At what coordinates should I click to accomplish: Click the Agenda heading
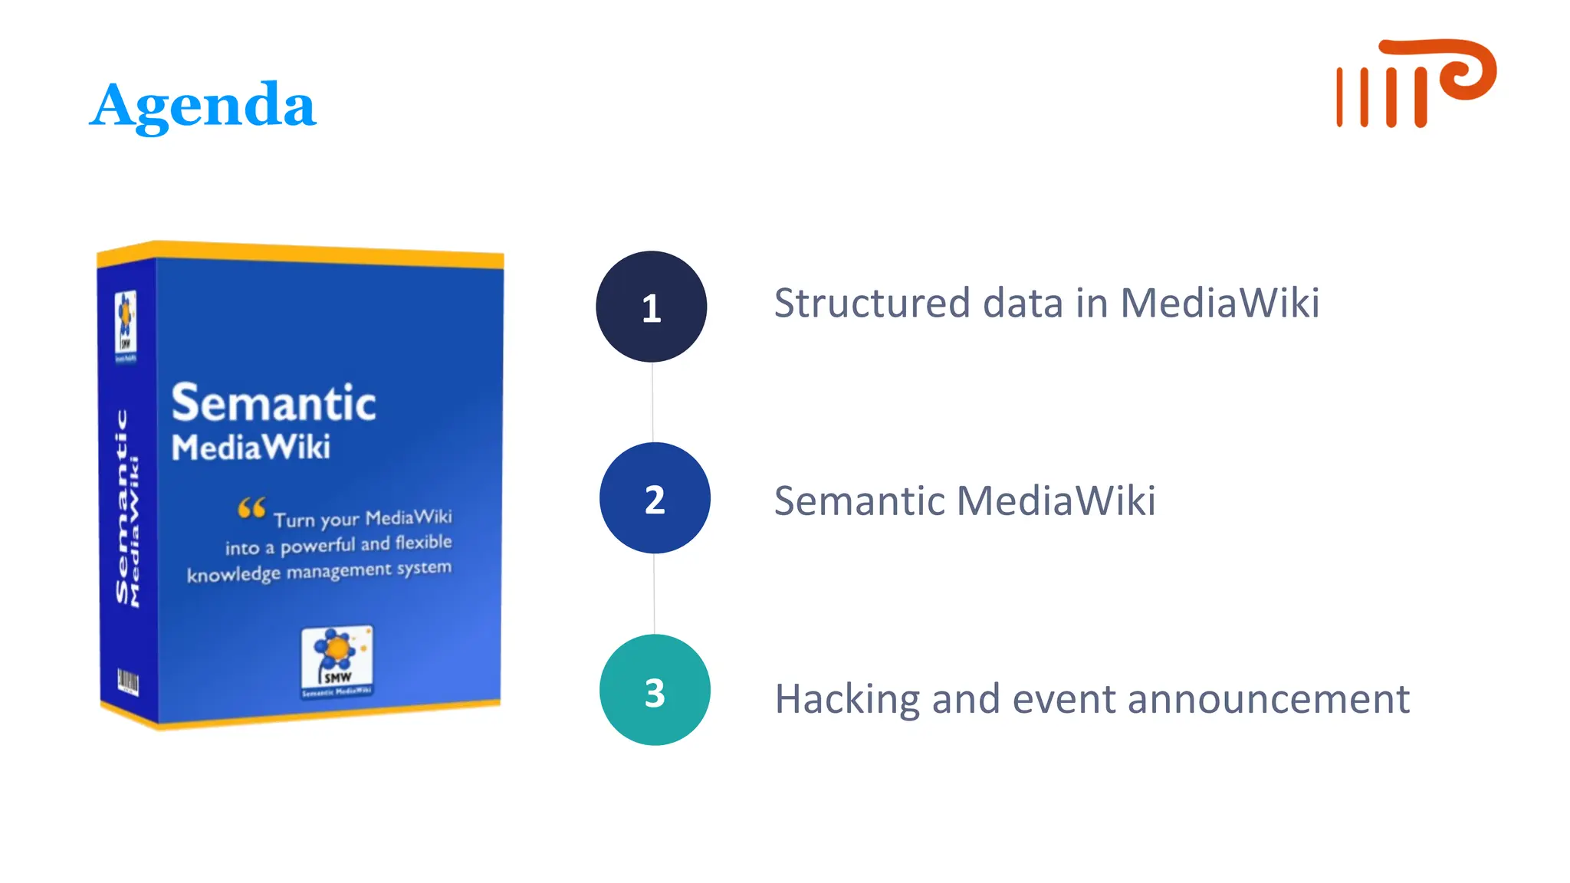pos(202,106)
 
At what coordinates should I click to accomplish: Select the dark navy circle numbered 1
pos(651,307)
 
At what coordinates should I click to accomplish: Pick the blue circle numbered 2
pos(655,498)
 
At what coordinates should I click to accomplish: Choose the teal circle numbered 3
pos(655,690)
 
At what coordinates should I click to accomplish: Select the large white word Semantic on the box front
pos(274,403)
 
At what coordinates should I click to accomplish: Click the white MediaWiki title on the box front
pos(251,448)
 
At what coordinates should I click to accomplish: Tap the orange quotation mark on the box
pos(251,507)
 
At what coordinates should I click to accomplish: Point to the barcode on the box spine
pos(127,681)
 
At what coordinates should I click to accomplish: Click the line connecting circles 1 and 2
pos(652,402)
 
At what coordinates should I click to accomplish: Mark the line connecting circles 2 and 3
pos(654,594)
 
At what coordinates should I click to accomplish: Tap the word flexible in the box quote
pos(423,543)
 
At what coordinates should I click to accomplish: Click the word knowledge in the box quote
pos(233,575)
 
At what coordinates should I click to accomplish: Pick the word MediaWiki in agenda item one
pos(1220,303)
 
